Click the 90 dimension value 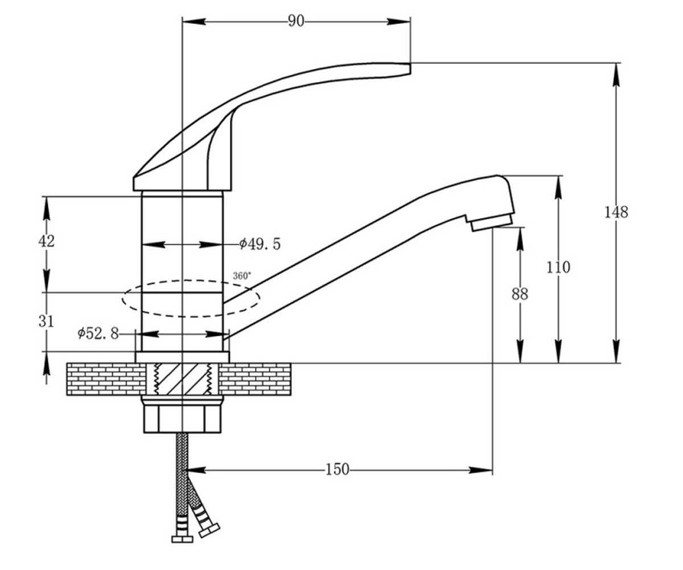coord(296,21)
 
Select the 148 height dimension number coord(616,212)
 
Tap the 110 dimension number coord(558,268)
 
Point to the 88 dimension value coord(520,294)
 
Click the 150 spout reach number coord(338,470)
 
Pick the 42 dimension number coord(47,241)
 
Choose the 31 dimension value coord(46,321)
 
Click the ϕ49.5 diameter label coord(260,244)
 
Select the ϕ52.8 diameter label coord(98,333)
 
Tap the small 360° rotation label coord(242,276)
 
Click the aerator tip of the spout coord(491,223)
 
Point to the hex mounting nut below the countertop coord(182,420)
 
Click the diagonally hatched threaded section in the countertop coord(183,379)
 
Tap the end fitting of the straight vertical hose coord(182,539)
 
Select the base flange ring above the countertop coord(182,357)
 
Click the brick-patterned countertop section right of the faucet coord(255,379)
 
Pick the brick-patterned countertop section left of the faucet coord(106,379)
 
